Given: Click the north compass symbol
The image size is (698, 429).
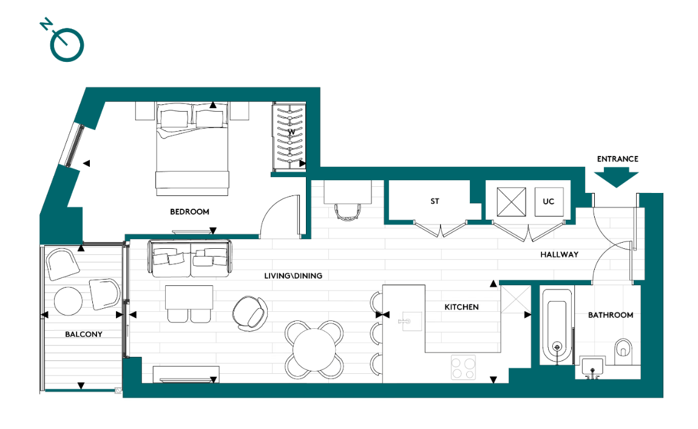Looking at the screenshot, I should pyautogui.click(x=66, y=43).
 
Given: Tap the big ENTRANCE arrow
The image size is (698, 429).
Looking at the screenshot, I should pyautogui.click(x=617, y=178).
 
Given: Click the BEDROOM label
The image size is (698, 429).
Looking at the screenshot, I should pyautogui.click(x=189, y=212).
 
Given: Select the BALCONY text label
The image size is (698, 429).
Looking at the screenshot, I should pyautogui.click(x=84, y=334).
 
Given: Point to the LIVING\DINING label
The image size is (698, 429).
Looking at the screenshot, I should pyautogui.click(x=293, y=275).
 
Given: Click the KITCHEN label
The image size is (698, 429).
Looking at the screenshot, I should pyautogui.click(x=461, y=307).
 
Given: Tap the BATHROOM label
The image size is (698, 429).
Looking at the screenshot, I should pyautogui.click(x=610, y=315).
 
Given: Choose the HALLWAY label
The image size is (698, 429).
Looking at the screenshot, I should pyautogui.click(x=559, y=255).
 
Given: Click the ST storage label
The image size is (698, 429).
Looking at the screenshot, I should pyautogui.click(x=435, y=201).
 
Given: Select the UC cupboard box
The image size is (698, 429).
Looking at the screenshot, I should pyautogui.click(x=549, y=201).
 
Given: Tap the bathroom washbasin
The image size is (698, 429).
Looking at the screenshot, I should pyautogui.click(x=592, y=367).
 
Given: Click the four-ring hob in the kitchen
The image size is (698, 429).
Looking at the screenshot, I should pyautogui.click(x=465, y=367).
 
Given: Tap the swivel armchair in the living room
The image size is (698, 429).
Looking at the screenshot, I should pyautogui.click(x=249, y=311).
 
